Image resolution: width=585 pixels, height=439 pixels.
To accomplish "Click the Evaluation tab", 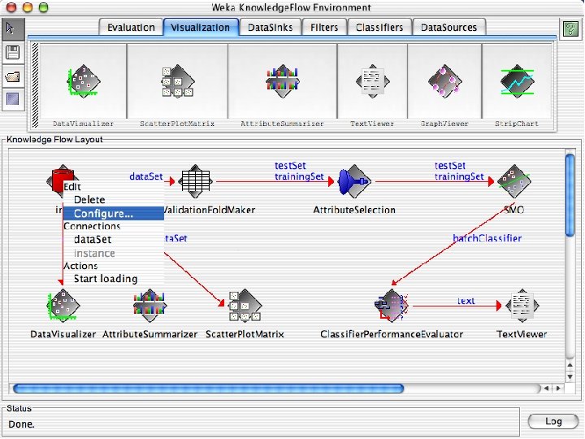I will click(132, 28).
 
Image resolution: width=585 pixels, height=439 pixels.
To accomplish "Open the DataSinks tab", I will click(271, 28).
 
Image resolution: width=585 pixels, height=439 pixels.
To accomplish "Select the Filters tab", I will click(324, 28).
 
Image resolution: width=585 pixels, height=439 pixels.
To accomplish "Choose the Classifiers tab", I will click(379, 28).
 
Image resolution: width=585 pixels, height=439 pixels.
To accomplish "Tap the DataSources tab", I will click(449, 28).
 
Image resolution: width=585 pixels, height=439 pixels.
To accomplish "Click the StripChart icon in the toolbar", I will click(516, 82).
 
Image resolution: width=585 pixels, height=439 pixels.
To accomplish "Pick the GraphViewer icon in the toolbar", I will click(444, 82).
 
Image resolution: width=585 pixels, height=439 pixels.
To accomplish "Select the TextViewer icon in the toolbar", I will click(372, 82).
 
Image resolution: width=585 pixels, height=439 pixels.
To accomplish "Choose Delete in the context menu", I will click(89, 200).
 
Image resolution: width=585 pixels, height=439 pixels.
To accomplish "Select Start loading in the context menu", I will click(106, 279).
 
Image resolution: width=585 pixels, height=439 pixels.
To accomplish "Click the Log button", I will click(552, 421).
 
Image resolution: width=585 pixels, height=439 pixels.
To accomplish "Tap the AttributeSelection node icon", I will click(354, 181).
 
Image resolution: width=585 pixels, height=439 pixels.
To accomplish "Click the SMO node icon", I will click(513, 181).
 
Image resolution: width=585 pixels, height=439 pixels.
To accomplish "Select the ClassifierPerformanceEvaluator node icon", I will click(392, 306).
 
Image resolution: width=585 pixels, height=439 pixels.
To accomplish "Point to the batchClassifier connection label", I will click(487, 238).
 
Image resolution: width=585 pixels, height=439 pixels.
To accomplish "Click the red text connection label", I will click(466, 301).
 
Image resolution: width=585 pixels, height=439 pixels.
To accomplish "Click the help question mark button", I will click(570, 28).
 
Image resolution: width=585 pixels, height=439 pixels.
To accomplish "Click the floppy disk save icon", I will click(12, 53).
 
